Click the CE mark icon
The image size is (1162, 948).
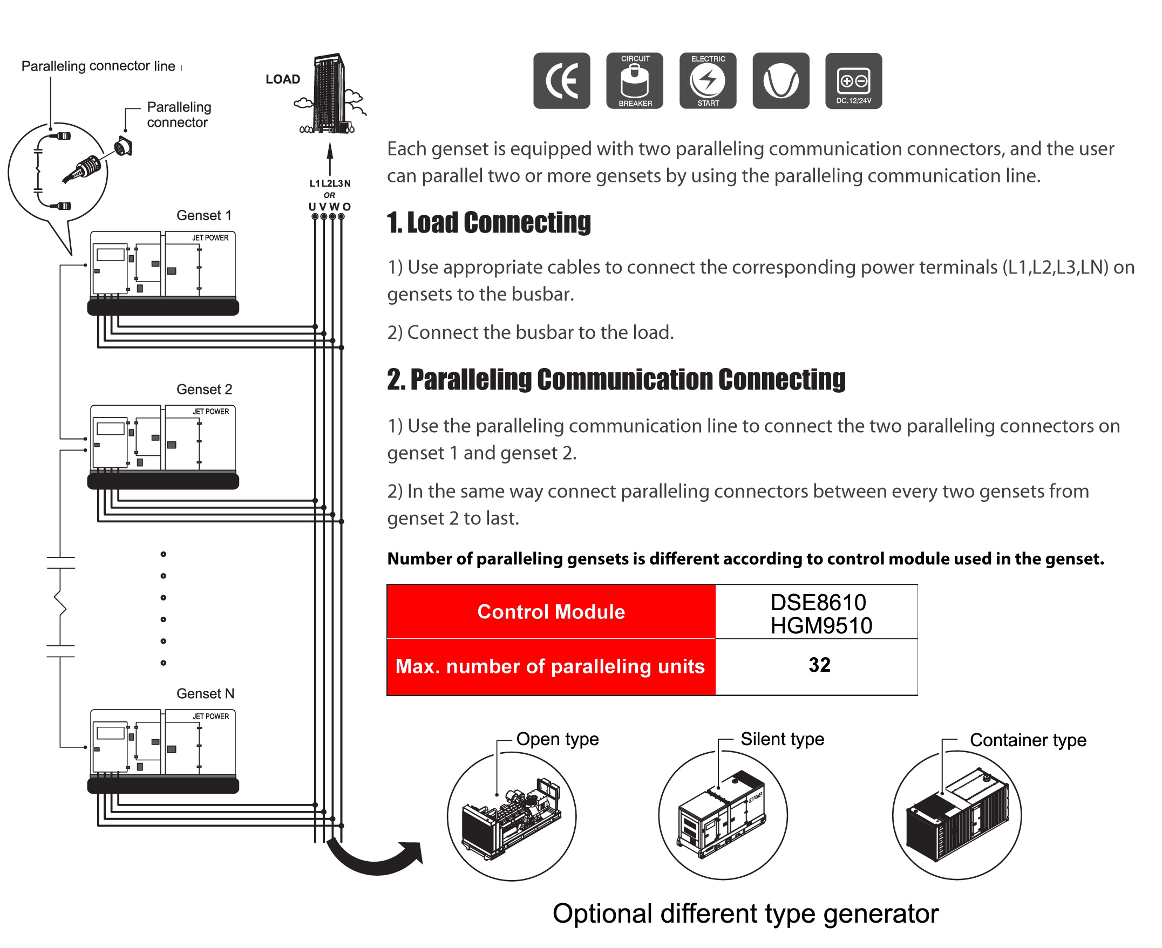click(562, 81)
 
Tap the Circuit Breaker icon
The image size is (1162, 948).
click(635, 81)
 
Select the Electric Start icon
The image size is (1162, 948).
click(708, 81)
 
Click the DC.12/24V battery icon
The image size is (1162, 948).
click(854, 81)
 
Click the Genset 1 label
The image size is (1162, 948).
click(205, 215)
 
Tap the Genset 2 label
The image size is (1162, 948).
click(205, 390)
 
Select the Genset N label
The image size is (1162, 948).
click(206, 693)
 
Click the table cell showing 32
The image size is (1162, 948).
click(819, 665)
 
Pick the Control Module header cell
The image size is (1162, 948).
click(551, 612)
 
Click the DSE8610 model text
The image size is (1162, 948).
click(818, 602)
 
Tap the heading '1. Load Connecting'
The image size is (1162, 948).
click(489, 222)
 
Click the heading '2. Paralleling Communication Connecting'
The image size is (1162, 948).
click(616, 379)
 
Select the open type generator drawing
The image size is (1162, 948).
click(511, 817)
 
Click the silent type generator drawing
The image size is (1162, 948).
click(722, 815)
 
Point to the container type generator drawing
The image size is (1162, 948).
click(957, 815)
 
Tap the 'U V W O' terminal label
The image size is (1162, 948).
click(329, 207)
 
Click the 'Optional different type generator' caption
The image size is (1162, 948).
click(746, 914)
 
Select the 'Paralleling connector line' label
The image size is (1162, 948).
click(98, 66)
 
